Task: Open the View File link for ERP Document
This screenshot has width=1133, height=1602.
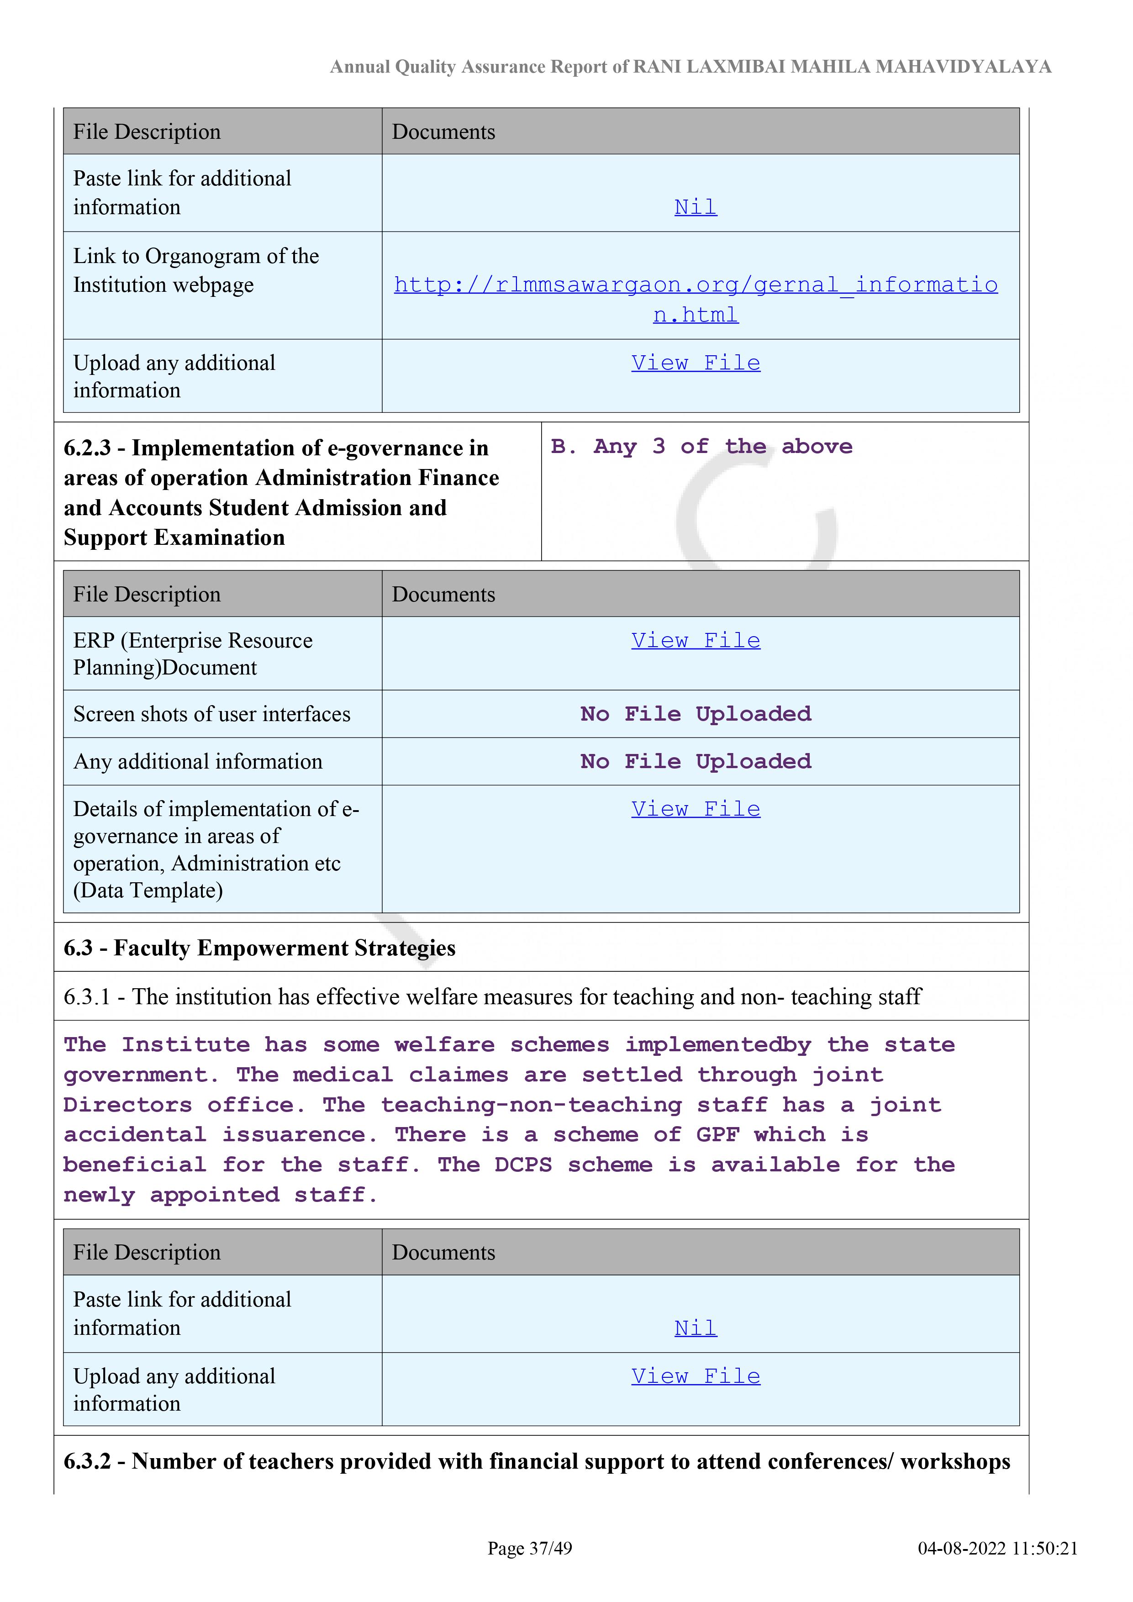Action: (696, 641)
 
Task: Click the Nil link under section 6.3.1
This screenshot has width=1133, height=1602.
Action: (696, 1328)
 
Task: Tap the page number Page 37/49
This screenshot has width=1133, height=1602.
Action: (530, 1548)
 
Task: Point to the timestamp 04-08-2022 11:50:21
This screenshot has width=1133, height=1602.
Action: (998, 1548)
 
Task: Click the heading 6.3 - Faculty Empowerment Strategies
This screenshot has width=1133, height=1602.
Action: (259, 948)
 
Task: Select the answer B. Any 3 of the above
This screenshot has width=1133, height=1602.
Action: (701, 447)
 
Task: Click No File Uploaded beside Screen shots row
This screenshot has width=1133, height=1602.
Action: (696, 714)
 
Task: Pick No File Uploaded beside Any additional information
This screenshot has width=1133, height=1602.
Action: (696, 761)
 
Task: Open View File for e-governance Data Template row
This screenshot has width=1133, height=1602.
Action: (696, 809)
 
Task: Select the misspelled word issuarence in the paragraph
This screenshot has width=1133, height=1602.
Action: (300, 1135)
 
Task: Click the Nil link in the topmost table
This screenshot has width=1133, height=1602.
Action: (696, 207)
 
